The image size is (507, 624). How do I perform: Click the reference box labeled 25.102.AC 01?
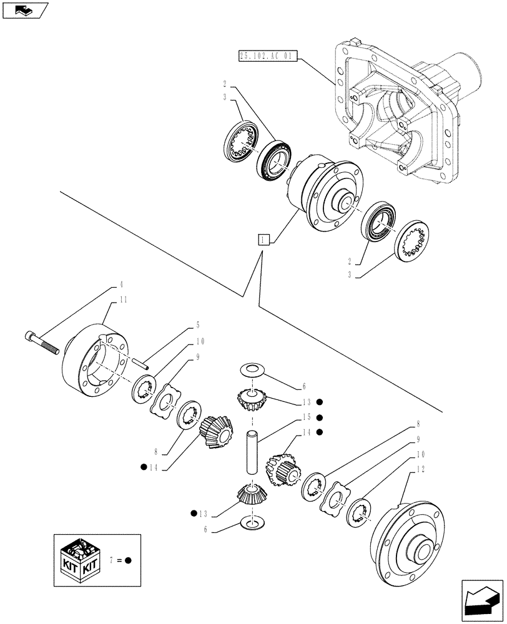click(x=267, y=56)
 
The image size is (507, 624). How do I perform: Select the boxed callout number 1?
click(x=263, y=239)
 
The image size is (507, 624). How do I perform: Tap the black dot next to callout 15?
click(x=319, y=417)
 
